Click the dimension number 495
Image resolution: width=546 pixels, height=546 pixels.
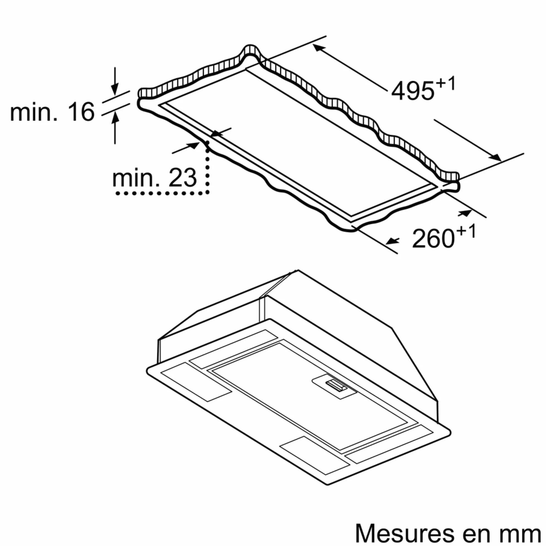[412, 91]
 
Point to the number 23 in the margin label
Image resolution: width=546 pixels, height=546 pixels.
[182, 178]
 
